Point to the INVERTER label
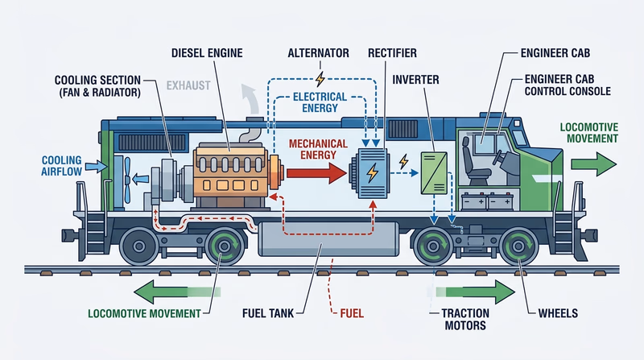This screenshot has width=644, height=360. click(x=417, y=81)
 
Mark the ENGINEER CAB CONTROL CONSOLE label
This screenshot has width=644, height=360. click(x=567, y=85)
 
